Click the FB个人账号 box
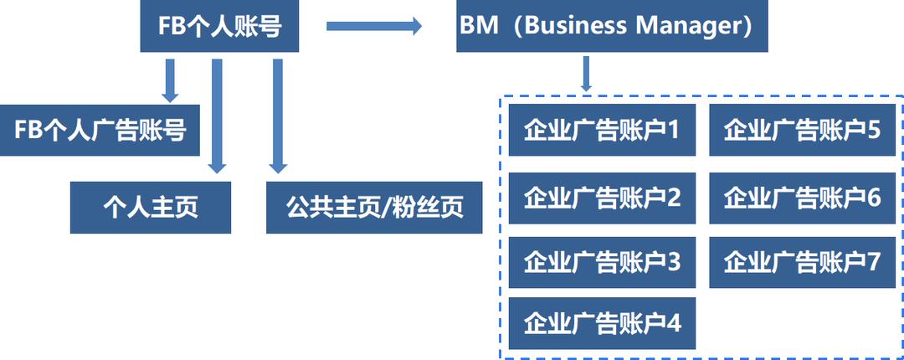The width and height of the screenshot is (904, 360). (219, 27)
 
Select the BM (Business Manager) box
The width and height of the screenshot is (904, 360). (611, 27)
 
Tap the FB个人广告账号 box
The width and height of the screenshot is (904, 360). (100, 131)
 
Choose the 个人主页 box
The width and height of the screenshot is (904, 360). (151, 207)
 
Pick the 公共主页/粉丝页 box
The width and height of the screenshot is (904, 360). (374, 207)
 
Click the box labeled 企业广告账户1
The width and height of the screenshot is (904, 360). (602, 131)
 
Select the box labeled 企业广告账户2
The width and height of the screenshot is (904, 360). (602, 198)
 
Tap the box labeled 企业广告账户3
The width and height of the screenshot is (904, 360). (602, 262)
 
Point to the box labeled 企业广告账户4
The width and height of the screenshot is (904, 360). (602, 323)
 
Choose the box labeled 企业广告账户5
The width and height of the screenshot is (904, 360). (802, 131)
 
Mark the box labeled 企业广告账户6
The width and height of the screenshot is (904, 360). (802, 198)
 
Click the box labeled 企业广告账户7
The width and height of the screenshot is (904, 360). (802, 262)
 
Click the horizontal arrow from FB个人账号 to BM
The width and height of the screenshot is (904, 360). (373, 26)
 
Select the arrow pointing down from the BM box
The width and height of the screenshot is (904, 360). (587, 74)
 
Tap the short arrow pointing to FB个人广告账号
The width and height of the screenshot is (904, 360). (171, 80)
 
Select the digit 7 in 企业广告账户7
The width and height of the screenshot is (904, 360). (873, 262)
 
